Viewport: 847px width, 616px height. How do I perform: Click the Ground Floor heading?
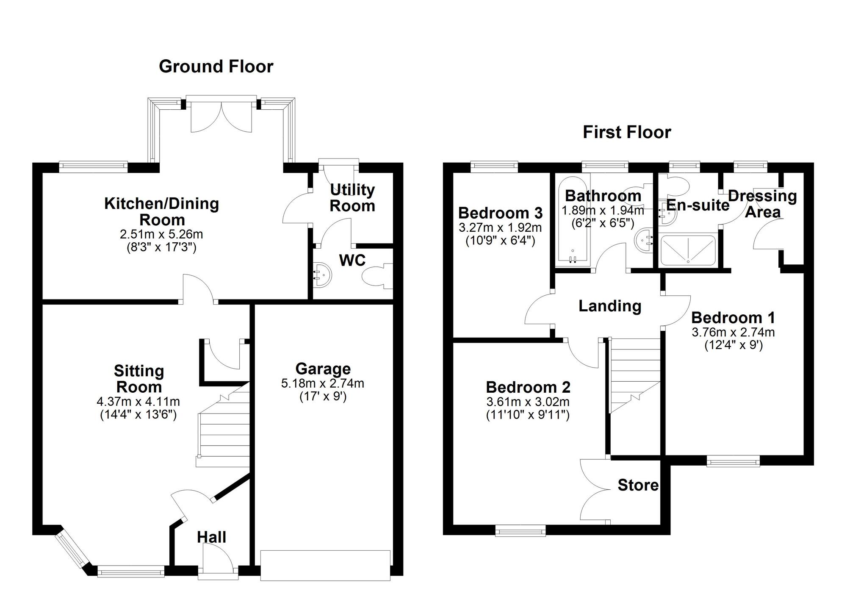pos(216,67)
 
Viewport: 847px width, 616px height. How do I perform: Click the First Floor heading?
pos(627,132)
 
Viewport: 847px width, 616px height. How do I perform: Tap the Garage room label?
pos(323,369)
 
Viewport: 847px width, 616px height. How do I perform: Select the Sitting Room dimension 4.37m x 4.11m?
pos(138,401)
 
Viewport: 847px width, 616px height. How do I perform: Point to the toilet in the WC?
pos(377,276)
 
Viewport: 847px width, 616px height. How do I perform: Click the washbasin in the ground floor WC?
pos(322,275)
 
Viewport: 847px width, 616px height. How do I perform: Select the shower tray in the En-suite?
pos(688,251)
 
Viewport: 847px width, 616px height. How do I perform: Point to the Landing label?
pos(610,306)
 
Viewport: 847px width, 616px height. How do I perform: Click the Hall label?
pos(211,538)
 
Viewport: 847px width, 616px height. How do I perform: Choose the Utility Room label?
pos(352,198)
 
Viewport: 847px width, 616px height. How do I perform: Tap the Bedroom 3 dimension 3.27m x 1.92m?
pos(500,228)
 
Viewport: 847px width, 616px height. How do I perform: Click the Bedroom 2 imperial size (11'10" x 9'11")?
pos(528,415)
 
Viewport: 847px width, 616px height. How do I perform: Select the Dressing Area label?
pos(762,204)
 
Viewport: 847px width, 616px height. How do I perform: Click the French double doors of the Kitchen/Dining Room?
pos(221,114)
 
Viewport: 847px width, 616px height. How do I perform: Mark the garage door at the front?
pos(325,565)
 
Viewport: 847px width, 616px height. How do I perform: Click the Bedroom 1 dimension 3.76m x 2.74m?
pos(733,333)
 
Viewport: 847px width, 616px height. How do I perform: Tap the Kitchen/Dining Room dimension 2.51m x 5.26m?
pos(161,234)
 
